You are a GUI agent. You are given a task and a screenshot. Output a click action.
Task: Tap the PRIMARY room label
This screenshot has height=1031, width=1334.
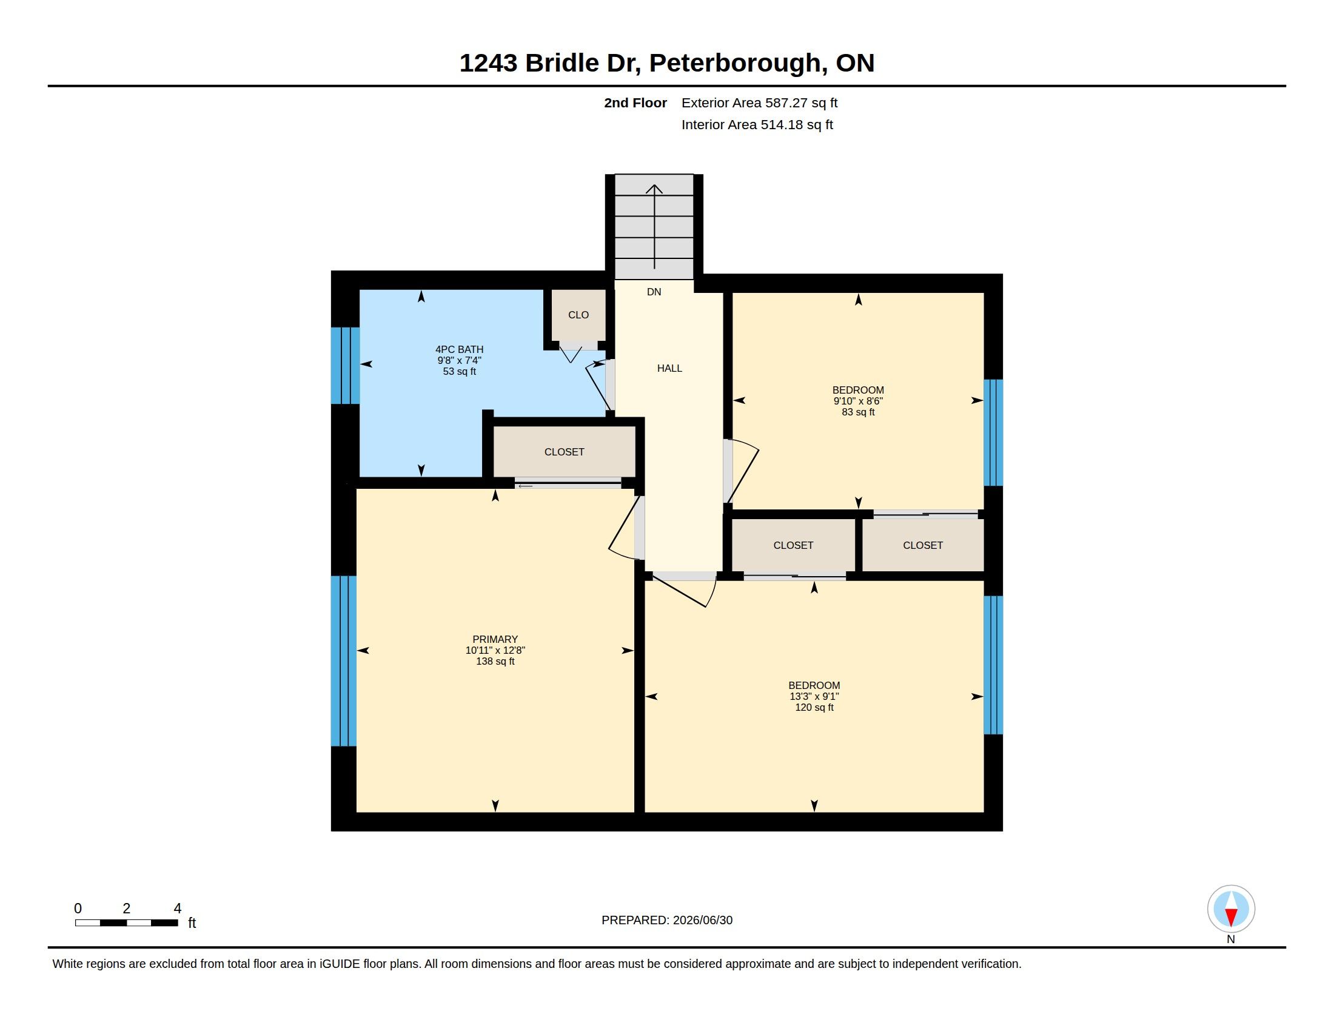click(x=495, y=639)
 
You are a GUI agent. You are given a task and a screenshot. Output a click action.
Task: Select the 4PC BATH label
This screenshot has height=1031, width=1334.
click(x=460, y=349)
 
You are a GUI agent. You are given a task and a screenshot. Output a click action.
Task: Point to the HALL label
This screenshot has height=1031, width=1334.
click(x=669, y=368)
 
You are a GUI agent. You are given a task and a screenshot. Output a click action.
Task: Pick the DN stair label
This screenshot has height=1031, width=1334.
click(x=654, y=292)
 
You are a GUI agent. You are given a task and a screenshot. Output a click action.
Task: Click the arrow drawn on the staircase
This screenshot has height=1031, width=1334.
click(x=654, y=227)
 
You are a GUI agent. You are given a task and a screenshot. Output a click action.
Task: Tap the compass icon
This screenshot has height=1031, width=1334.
click(x=1231, y=908)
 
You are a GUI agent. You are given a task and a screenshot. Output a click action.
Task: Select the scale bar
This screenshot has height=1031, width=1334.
click(x=127, y=922)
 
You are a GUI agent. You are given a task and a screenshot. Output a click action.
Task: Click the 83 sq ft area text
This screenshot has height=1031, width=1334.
click(x=858, y=412)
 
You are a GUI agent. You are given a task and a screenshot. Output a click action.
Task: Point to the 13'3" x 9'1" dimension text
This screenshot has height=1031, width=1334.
click(x=814, y=696)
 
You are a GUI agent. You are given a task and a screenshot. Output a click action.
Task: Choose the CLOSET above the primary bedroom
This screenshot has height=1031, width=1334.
click(x=565, y=452)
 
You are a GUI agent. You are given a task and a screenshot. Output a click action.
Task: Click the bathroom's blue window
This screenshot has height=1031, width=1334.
click(x=345, y=366)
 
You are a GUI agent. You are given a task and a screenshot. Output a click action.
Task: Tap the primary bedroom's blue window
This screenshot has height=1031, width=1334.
click(x=343, y=661)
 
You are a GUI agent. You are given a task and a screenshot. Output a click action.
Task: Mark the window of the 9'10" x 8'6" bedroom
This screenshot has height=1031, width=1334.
click(x=993, y=432)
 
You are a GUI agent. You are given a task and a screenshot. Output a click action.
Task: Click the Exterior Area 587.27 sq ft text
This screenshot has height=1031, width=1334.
click(x=759, y=102)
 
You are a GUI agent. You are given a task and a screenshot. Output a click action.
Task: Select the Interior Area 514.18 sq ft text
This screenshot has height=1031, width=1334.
click(x=757, y=124)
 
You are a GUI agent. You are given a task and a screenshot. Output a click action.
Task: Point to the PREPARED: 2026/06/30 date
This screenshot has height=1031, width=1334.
click(x=667, y=920)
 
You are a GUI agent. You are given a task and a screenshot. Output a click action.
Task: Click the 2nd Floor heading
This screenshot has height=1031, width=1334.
click(x=635, y=102)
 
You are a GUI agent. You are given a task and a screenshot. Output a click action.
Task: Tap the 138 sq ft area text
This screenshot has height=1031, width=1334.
click(x=495, y=662)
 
